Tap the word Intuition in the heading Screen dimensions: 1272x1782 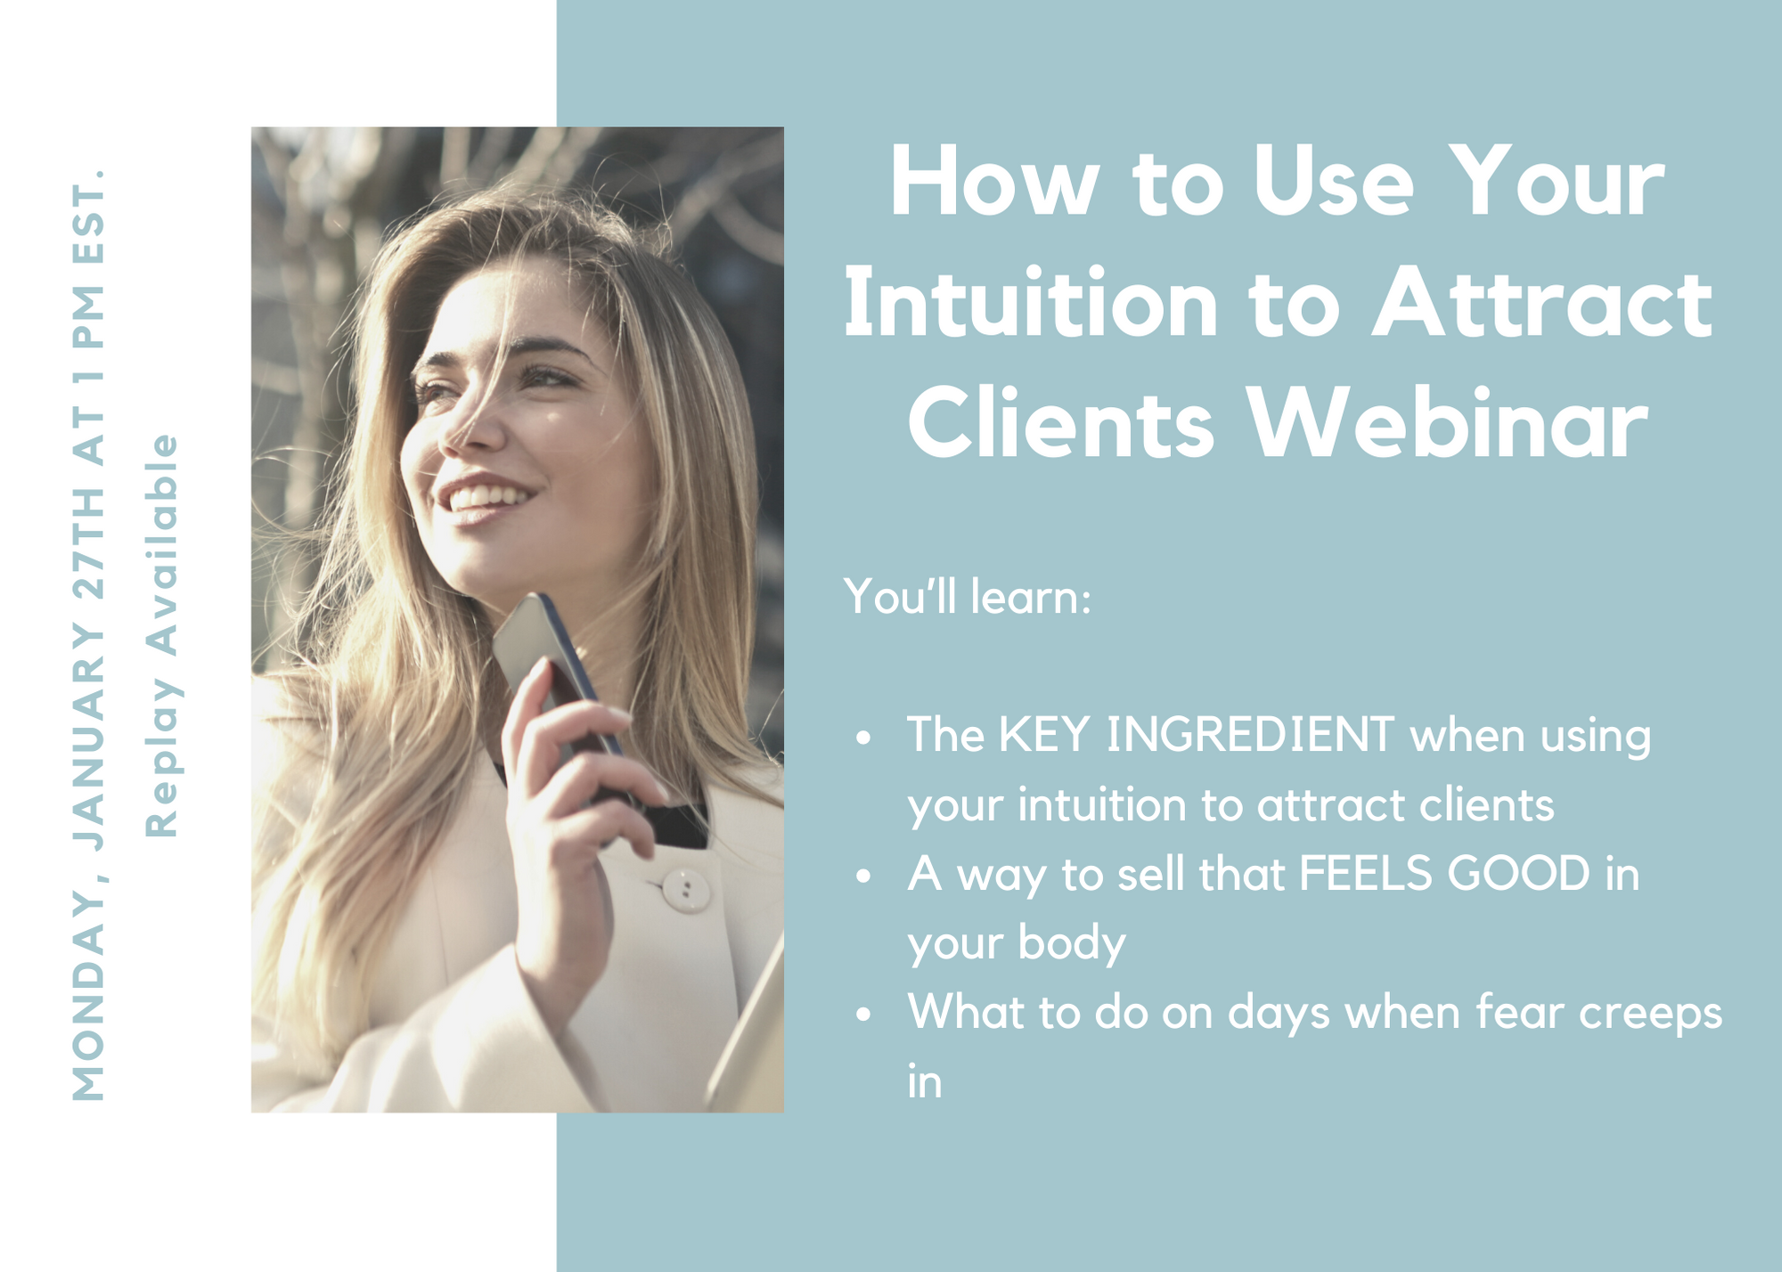(x=1031, y=305)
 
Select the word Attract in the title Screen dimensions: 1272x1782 (x=1541, y=305)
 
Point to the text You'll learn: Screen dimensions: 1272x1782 (x=968, y=596)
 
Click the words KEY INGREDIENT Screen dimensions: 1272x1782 (x=1196, y=735)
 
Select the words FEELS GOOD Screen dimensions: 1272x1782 (x=1444, y=874)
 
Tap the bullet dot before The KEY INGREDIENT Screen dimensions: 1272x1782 (x=862, y=738)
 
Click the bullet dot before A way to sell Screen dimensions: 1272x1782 (x=862, y=877)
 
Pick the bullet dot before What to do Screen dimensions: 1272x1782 (x=862, y=1015)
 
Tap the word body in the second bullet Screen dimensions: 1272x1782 (x=1071, y=943)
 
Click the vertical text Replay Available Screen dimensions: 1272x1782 (x=162, y=635)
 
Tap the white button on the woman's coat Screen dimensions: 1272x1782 (x=685, y=890)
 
